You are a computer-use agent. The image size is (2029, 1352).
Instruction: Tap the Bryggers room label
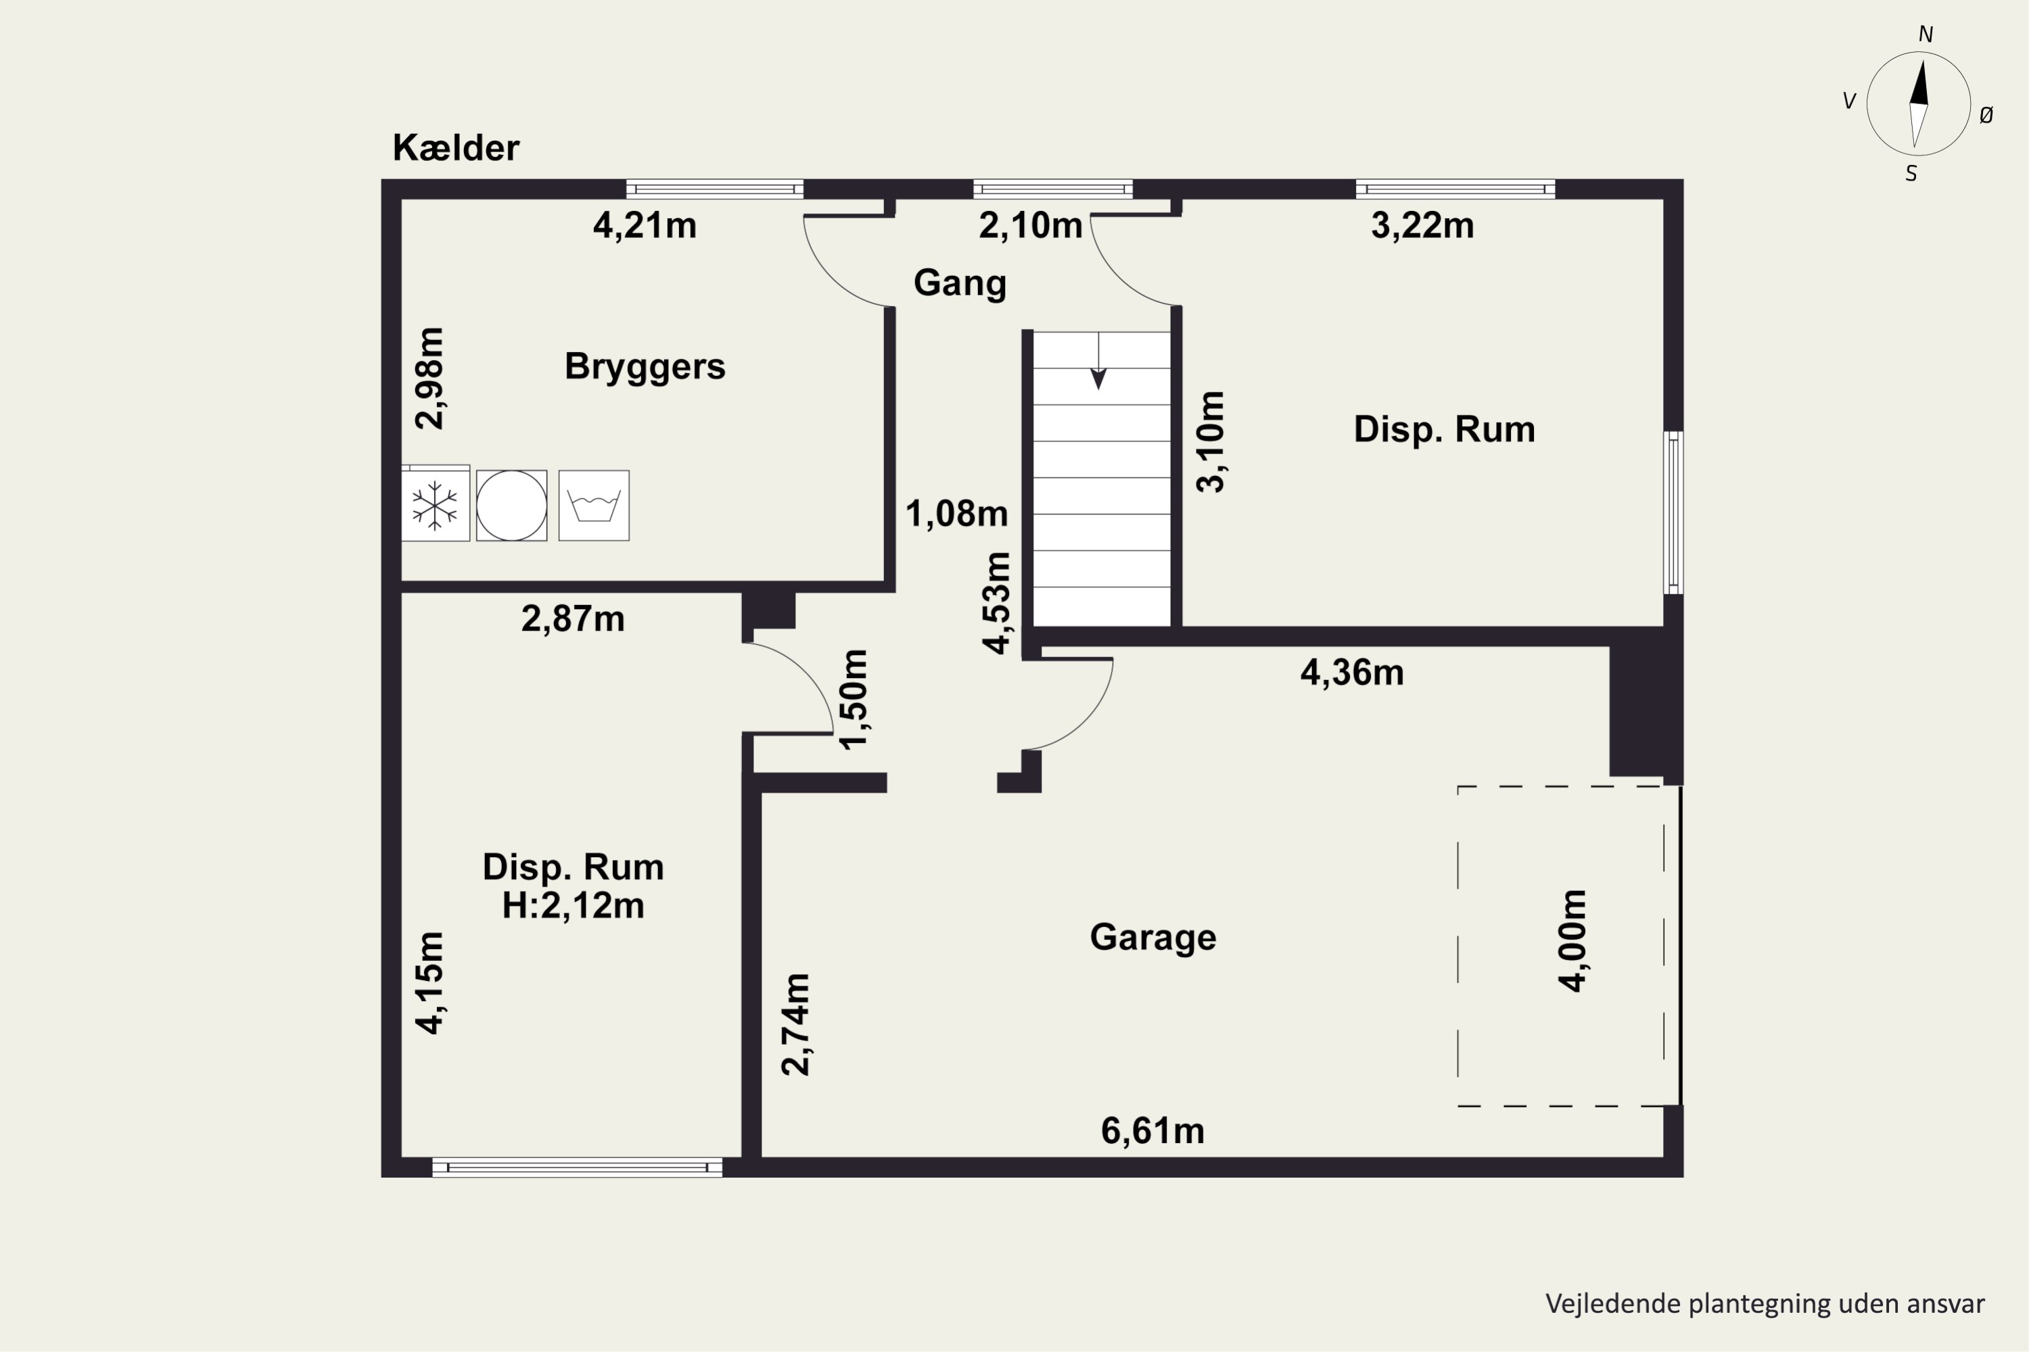645,367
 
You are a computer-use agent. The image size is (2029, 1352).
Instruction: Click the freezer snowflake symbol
435,506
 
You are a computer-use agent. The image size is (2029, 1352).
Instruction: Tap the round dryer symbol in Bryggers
511,505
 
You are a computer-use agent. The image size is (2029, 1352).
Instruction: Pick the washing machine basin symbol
594,505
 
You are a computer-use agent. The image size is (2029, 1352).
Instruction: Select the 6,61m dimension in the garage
1152,1131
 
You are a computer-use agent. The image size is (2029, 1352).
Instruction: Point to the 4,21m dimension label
645,226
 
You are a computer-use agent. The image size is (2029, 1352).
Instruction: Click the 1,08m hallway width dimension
957,514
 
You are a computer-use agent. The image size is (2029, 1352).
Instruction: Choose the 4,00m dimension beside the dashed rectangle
1574,941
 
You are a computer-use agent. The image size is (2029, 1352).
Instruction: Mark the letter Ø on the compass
1986,115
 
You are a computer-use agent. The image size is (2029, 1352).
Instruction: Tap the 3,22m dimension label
1422,226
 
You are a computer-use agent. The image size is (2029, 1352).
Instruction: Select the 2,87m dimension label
573,619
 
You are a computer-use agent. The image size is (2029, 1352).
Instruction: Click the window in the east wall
1673,512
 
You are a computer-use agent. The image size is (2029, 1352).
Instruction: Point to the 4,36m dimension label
1352,673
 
